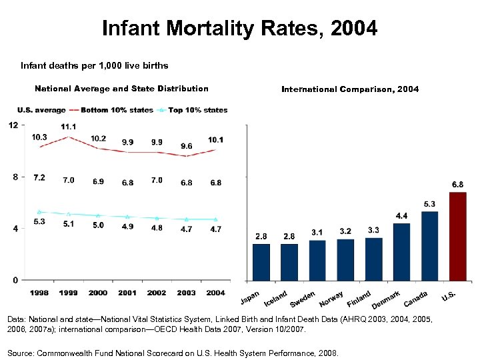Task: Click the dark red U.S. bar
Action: [458, 236]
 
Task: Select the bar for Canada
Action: [430, 246]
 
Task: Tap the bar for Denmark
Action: [402, 252]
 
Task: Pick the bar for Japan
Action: [261, 262]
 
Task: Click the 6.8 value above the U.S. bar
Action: [459, 184]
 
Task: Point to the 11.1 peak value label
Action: [68, 127]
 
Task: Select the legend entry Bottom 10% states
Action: [116, 110]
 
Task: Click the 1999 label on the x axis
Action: [68, 293]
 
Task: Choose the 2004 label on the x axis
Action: [215, 293]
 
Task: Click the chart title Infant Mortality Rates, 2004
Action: [239, 29]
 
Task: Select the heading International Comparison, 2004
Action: [350, 89]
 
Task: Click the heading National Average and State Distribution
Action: [121, 89]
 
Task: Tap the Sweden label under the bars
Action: [303, 299]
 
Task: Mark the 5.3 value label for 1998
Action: [39, 221]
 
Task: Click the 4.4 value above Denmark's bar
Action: [403, 216]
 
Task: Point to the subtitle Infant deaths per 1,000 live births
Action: [94, 65]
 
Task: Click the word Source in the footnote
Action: [24, 353]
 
